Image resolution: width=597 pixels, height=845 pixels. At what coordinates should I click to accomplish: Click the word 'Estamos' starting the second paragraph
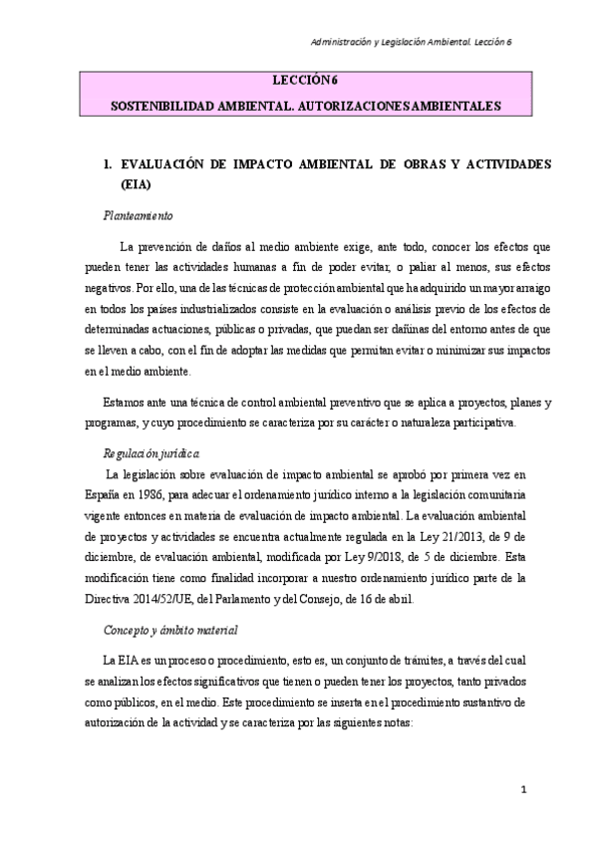point(125,403)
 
